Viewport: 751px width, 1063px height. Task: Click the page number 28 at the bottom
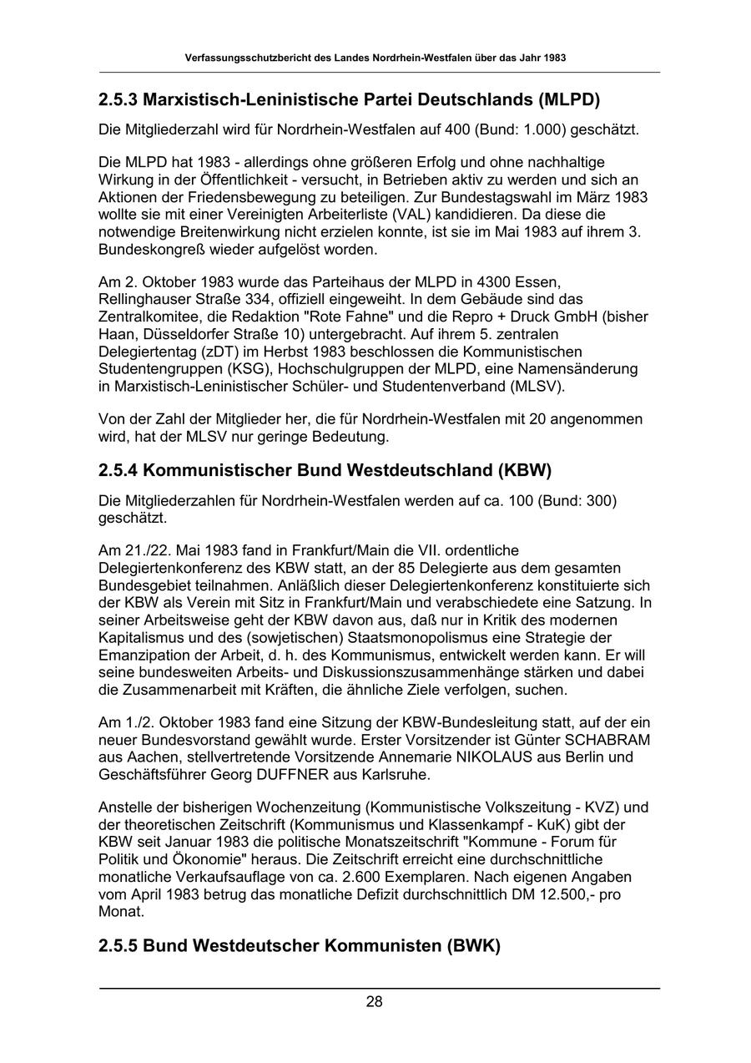374,1002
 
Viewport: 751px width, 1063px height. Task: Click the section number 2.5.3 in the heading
118,100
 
